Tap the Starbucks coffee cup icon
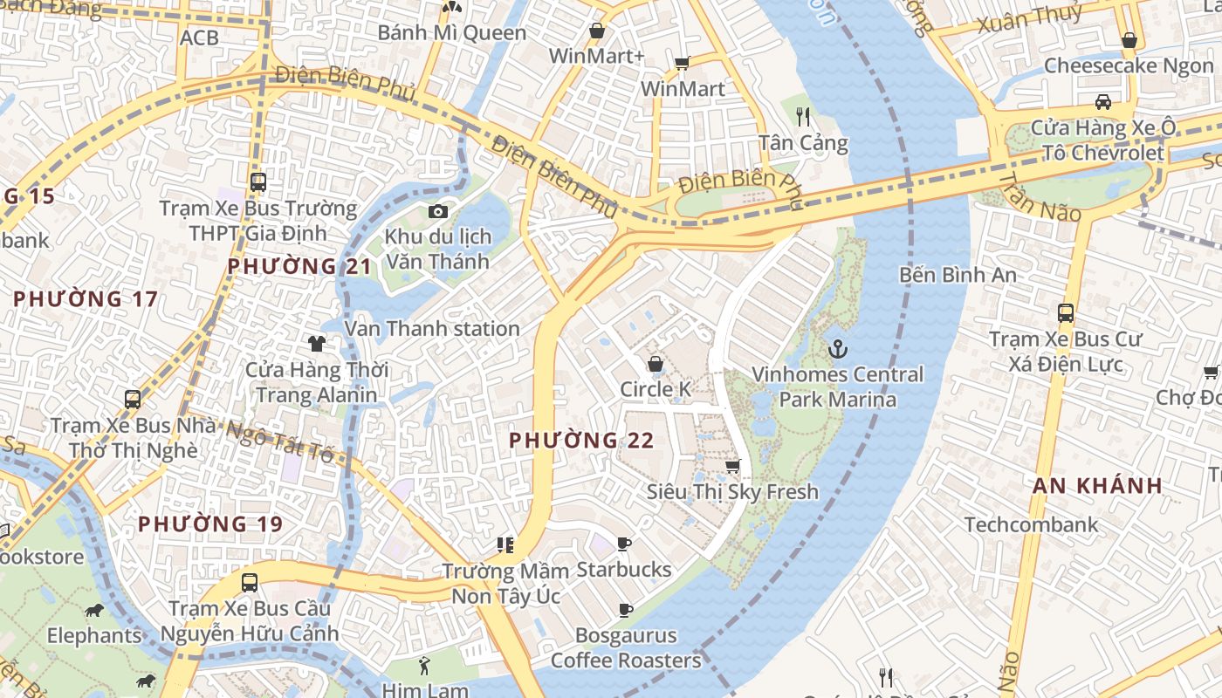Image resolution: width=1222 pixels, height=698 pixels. pos(624,544)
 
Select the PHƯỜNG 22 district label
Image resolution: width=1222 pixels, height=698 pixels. pos(581,441)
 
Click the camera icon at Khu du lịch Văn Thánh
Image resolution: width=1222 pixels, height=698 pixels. pos(438,212)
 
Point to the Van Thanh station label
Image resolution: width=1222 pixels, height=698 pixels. pos(432,329)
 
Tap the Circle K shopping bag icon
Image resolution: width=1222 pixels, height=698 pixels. pos(655,364)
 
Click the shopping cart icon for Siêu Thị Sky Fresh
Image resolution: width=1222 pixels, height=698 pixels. pos(733,467)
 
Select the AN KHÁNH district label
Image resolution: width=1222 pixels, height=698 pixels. pos(1097,486)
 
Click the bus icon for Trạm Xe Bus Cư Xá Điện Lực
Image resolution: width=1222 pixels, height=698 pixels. pos(1065,313)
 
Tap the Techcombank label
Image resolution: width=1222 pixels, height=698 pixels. pos(1031,524)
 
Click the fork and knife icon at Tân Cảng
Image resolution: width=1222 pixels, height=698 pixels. pos(803,116)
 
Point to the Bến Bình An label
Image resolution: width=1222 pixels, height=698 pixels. pos(958,275)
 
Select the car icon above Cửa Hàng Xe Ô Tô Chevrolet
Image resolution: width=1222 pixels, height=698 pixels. pos(1103,102)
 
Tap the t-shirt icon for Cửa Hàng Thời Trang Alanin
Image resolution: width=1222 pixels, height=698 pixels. pos(316,344)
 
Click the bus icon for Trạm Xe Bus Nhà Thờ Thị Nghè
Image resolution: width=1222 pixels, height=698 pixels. pos(133,400)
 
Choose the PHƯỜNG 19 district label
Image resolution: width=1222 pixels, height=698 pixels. pos(210,524)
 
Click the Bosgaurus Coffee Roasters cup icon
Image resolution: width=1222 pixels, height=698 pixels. pos(625,610)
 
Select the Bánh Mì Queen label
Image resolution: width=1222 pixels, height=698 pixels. pos(451,33)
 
